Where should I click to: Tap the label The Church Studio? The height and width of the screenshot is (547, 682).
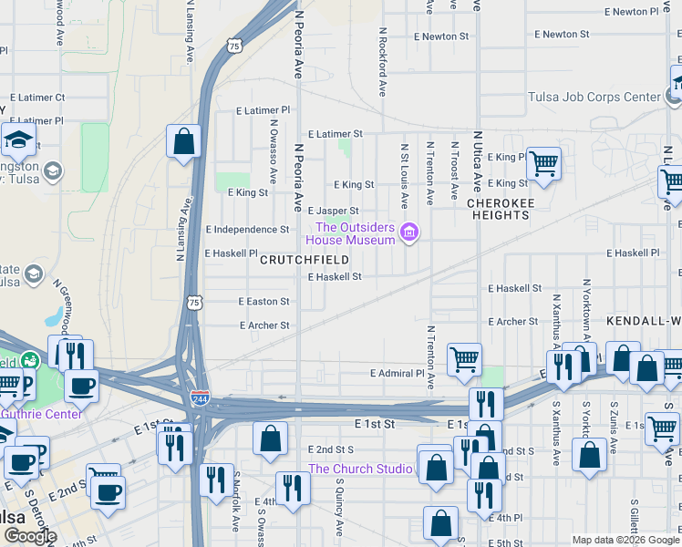coord(360,470)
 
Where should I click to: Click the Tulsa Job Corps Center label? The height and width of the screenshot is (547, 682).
coord(594,97)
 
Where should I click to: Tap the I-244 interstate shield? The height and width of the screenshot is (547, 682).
coord(200,399)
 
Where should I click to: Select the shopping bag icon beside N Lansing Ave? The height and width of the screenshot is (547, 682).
coord(183,141)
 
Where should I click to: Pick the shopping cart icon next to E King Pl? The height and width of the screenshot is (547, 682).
coord(543,164)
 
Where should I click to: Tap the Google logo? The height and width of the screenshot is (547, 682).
coord(30,536)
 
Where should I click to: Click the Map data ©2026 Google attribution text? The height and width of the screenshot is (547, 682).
coord(625,540)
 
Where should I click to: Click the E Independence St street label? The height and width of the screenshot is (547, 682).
coord(247,230)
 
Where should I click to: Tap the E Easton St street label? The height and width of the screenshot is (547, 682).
coord(263,301)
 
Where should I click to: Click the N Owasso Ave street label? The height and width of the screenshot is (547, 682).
coord(273,150)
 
